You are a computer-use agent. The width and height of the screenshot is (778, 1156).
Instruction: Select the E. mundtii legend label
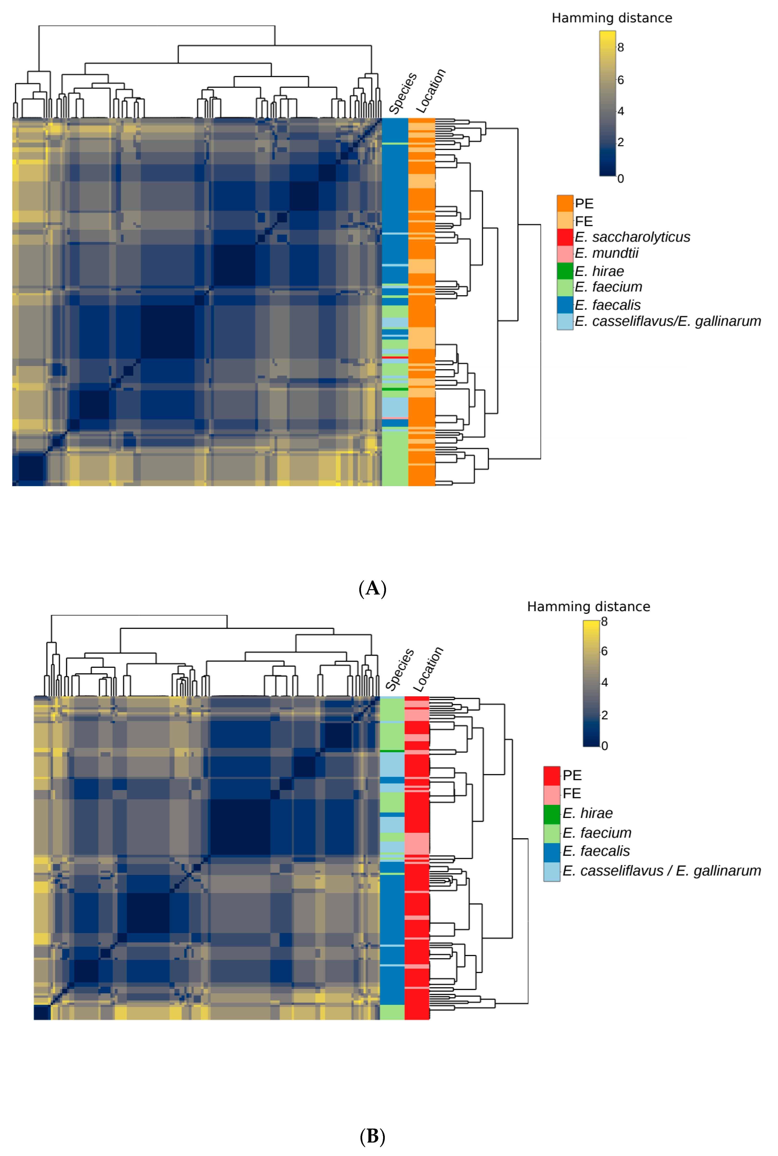point(606,253)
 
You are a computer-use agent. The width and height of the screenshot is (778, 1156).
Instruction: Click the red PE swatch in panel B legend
point(552,775)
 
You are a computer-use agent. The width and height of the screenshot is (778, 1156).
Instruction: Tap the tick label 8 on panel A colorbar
point(621,48)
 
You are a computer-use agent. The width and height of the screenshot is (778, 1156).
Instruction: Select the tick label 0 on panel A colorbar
point(621,179)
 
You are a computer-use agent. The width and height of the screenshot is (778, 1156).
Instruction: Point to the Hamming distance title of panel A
point(612,18)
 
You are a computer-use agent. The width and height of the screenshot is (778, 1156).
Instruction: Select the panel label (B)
point(372,1136)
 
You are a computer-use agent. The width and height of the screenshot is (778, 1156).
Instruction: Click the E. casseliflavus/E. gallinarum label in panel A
point(667,322)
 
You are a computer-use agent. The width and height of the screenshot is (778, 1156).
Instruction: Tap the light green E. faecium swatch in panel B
point(552,833)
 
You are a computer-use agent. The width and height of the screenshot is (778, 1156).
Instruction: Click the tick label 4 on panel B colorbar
point(604,683)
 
